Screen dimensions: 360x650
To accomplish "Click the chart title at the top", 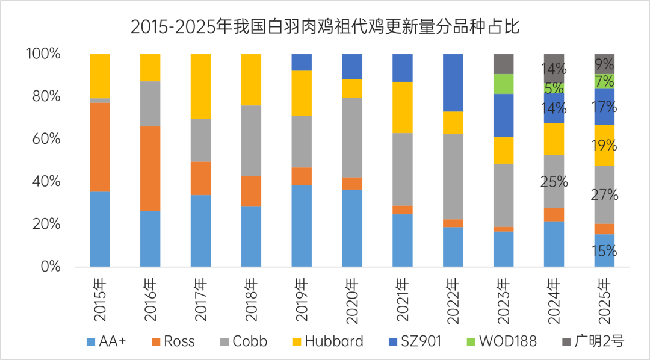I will pyautogui.click(x=325, y=27).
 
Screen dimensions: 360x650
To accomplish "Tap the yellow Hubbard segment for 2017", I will pyautogui.click(x=200, y=86).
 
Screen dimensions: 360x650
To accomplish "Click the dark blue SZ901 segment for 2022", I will pyautogui.click(x=453, y=82).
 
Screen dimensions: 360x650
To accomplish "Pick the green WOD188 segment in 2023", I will pyautogui.click(x=504, y=84).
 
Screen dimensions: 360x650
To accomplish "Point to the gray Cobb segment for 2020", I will pyautogui.click(x=352, y=137).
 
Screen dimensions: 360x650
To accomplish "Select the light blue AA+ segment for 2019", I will pyautogui.click(x=302, y=225).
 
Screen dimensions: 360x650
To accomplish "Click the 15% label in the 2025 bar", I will pyautogui.click(x=604, y=250).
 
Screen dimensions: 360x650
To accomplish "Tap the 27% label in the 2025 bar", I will pyautogui.click(x=604, y=194).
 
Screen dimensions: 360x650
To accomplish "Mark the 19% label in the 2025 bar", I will pyautogui.click(x=604, y=145).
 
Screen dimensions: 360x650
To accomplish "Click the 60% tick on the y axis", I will pyautogui.click(x=43, y=139).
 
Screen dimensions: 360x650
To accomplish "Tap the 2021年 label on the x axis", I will pyautogui.click(x=403, y=296).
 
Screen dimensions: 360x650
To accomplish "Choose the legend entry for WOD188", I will pyautogui.click(x=501, y=341).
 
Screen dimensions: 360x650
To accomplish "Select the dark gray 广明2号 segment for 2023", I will pyautogui.click(x=504, y=64).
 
